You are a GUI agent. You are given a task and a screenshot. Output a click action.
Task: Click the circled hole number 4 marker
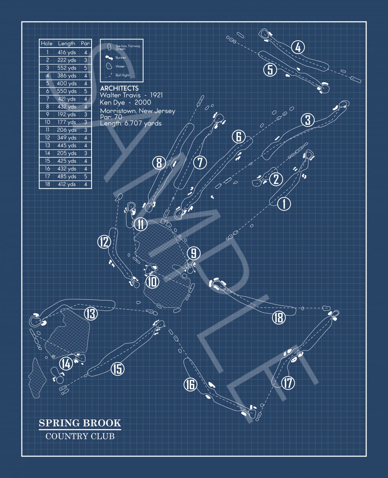(x=298, y=47)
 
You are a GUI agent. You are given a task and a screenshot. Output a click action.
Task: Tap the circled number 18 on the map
(x=279, y=318)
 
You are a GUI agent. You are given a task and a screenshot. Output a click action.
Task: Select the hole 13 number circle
(x=91, y=313)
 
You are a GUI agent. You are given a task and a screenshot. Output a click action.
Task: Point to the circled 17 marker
(x=288, y=383)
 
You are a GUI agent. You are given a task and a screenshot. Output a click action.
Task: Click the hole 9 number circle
(x=194, y=253)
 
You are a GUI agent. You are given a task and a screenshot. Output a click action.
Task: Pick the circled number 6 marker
(x=239, y=136)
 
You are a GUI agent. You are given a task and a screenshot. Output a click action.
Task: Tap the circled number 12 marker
(x=104, y=242)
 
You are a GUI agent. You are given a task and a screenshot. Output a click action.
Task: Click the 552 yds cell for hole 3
(x=67, y=68)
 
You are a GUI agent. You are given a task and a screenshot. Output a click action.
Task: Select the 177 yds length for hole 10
(x=67, y=122)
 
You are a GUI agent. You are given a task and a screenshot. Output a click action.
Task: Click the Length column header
(x=67, y=44)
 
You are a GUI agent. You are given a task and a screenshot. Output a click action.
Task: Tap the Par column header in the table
(x=85, y=44)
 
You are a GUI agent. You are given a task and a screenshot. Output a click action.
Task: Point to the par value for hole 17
(x=86, y=176)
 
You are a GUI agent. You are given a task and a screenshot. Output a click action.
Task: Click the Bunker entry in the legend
(x=120, y=58)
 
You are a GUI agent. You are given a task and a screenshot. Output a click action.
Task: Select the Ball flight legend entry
(x=122, y=75)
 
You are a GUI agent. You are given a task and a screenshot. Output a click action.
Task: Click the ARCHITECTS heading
(x=119, y=88)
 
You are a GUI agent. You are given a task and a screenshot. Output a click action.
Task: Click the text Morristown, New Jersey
(x=138, y=111)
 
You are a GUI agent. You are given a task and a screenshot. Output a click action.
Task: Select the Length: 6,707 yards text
(x=131, y=123)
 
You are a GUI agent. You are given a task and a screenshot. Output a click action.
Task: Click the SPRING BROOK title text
(x=80, y=423)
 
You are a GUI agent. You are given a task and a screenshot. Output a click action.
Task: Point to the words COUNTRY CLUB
(x=80, y=437)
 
